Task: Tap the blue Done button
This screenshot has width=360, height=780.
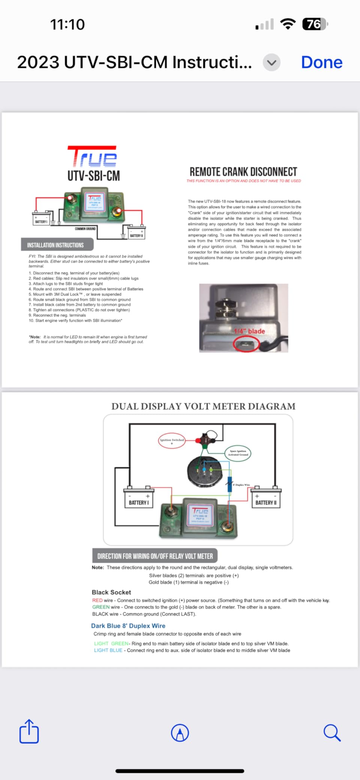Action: click(x=321, y=62)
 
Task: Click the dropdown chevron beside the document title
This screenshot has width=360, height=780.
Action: click(x=272, y=63)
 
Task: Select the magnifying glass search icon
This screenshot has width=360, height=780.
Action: click(x=332, y=732)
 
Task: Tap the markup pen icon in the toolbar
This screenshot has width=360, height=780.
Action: click(x=180, y=733)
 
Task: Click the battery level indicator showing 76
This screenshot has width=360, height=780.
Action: click(x=314, y=24)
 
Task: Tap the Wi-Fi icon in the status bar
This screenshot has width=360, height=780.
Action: click(x=288, y=24)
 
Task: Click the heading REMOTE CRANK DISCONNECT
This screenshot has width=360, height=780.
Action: click(x=243, y=172)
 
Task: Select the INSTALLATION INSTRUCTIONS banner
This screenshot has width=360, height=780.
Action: click(x=56, y=245)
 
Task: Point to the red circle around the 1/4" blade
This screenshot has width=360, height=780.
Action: click(x=246, y=344)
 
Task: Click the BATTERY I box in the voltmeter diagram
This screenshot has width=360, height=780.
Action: click(x=139, y=502)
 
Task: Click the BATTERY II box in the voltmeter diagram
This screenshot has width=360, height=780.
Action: click(x=266, y=502)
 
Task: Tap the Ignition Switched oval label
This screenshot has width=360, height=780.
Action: click(x=172, y=441)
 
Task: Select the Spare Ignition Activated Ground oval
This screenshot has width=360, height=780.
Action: click(x=238, y=453)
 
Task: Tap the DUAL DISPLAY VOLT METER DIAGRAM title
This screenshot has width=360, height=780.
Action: click(x=203, y=406)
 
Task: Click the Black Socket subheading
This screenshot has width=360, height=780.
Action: click(x=111, y=592)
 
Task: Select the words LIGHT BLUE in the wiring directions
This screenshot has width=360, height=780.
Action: click(x=108, y=650)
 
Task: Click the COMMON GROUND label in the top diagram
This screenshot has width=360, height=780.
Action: click(x=85, y=229)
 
